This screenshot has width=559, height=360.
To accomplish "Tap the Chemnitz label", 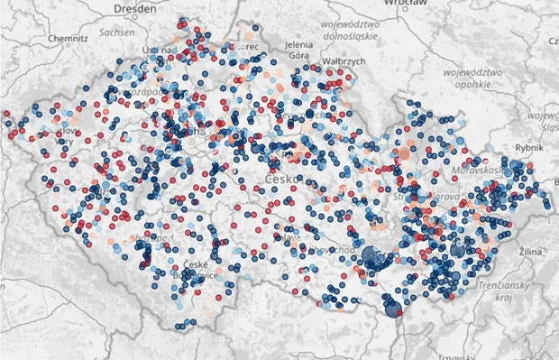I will coord(67,40).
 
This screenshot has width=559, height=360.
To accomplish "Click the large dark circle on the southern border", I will coord(393,309).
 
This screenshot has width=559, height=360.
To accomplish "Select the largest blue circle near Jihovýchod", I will coord(370,255).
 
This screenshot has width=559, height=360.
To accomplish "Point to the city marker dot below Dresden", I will coord(136,23).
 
